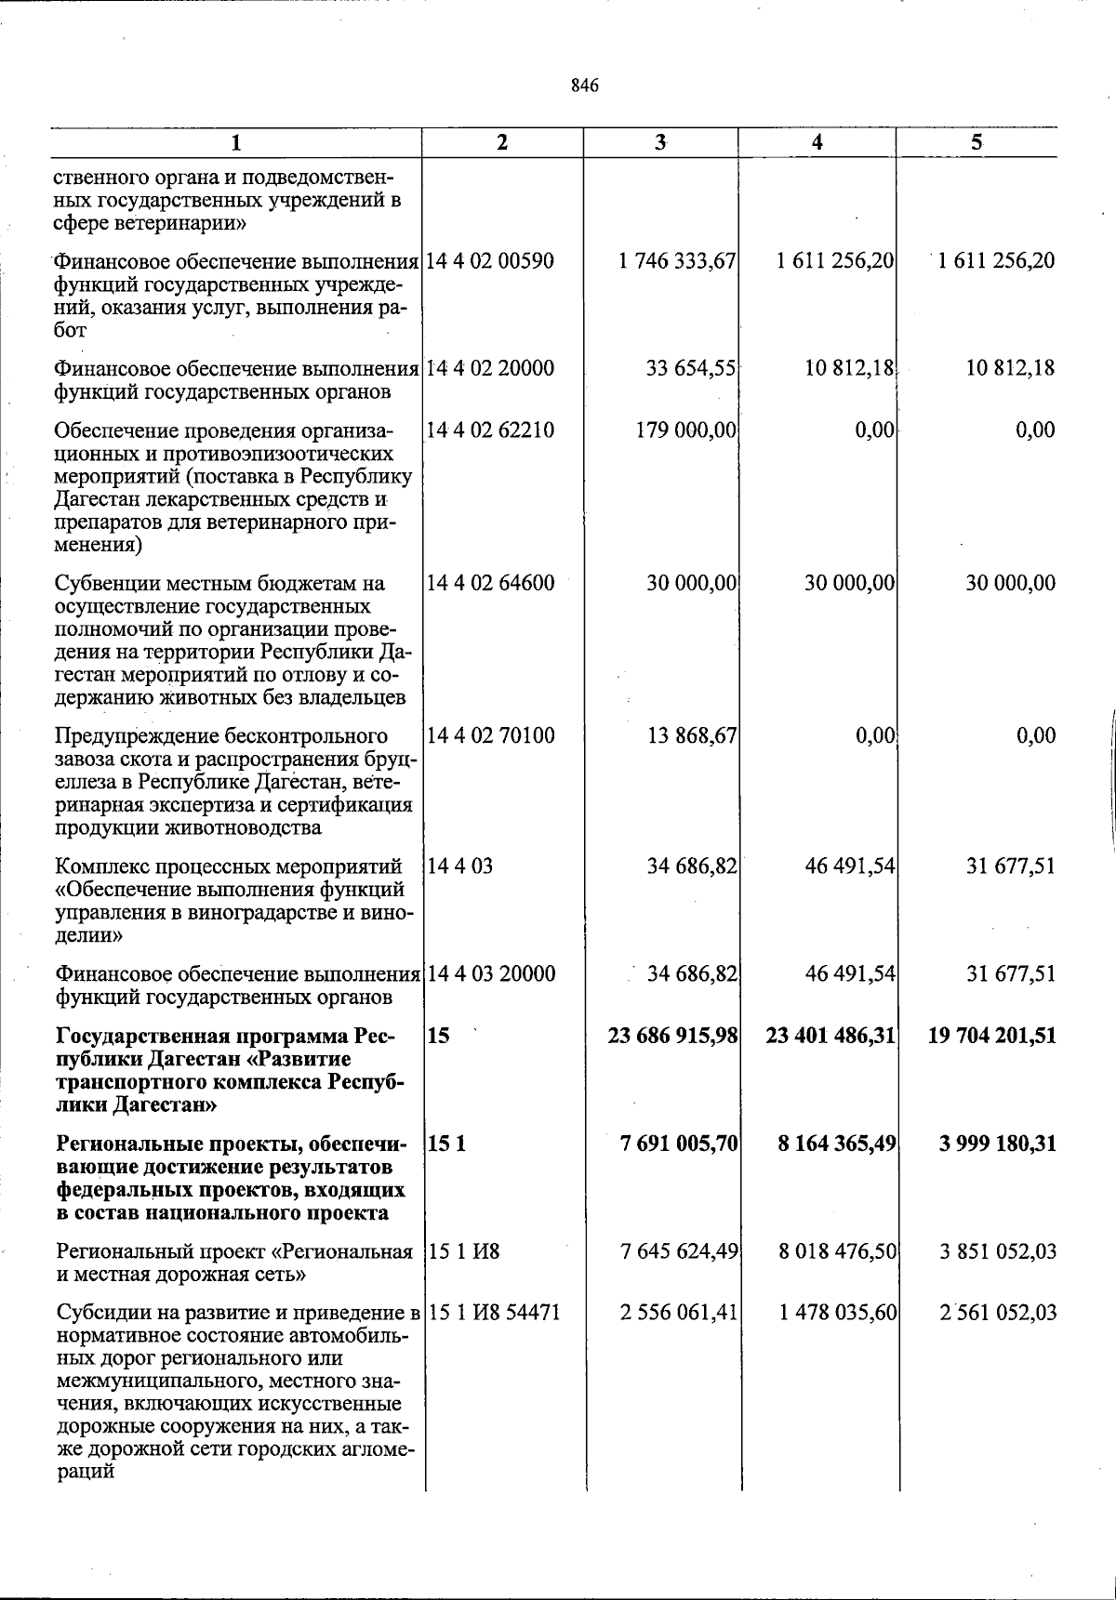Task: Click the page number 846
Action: pyautogui.click(x=585, y=86)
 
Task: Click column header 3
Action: pyautogui.click(x=660, y=142)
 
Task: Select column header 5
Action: pyautogui.click(x=976, y=142)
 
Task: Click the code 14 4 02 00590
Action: pyautogui.click(x=490, y=261)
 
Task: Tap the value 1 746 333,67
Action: pyautogui.click(x=678, y=261)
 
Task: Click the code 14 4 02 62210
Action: pyautogui.click(x=490, y=430)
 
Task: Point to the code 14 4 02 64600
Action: pyautogui.click(x=490, y=583)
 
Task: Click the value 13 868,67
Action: pyautogui.click(x=692, y=735)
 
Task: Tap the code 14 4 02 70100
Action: pyautogui.click(x=490, y=735)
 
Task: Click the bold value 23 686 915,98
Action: pyautogui.click(x=673, y=1035)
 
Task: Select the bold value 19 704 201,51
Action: pyautogui.click(x=992, y=1035)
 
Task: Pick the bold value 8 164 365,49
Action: pyautogui.click(x=837, y=1143)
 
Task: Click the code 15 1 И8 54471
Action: pyautogui.click(x=493, y=1313)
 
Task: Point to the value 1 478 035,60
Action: pyautogui.click(x=838, y=1313)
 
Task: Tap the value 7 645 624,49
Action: pyautogui.click(x=679, y=1251)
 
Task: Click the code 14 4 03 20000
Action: pyautogui.click(x=491, y=973)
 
